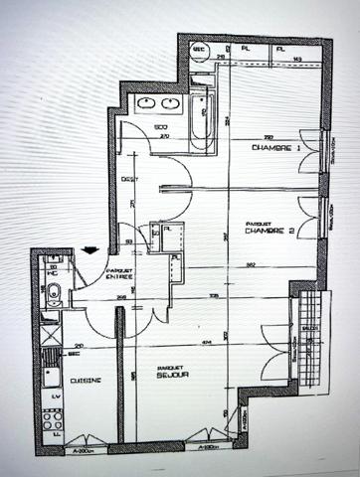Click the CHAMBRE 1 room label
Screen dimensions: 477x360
[x=277, y=148]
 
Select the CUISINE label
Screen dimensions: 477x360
[x=86, y=379]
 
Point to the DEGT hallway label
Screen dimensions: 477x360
[x=128, y=179]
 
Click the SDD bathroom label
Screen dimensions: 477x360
[x=158, y=128]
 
